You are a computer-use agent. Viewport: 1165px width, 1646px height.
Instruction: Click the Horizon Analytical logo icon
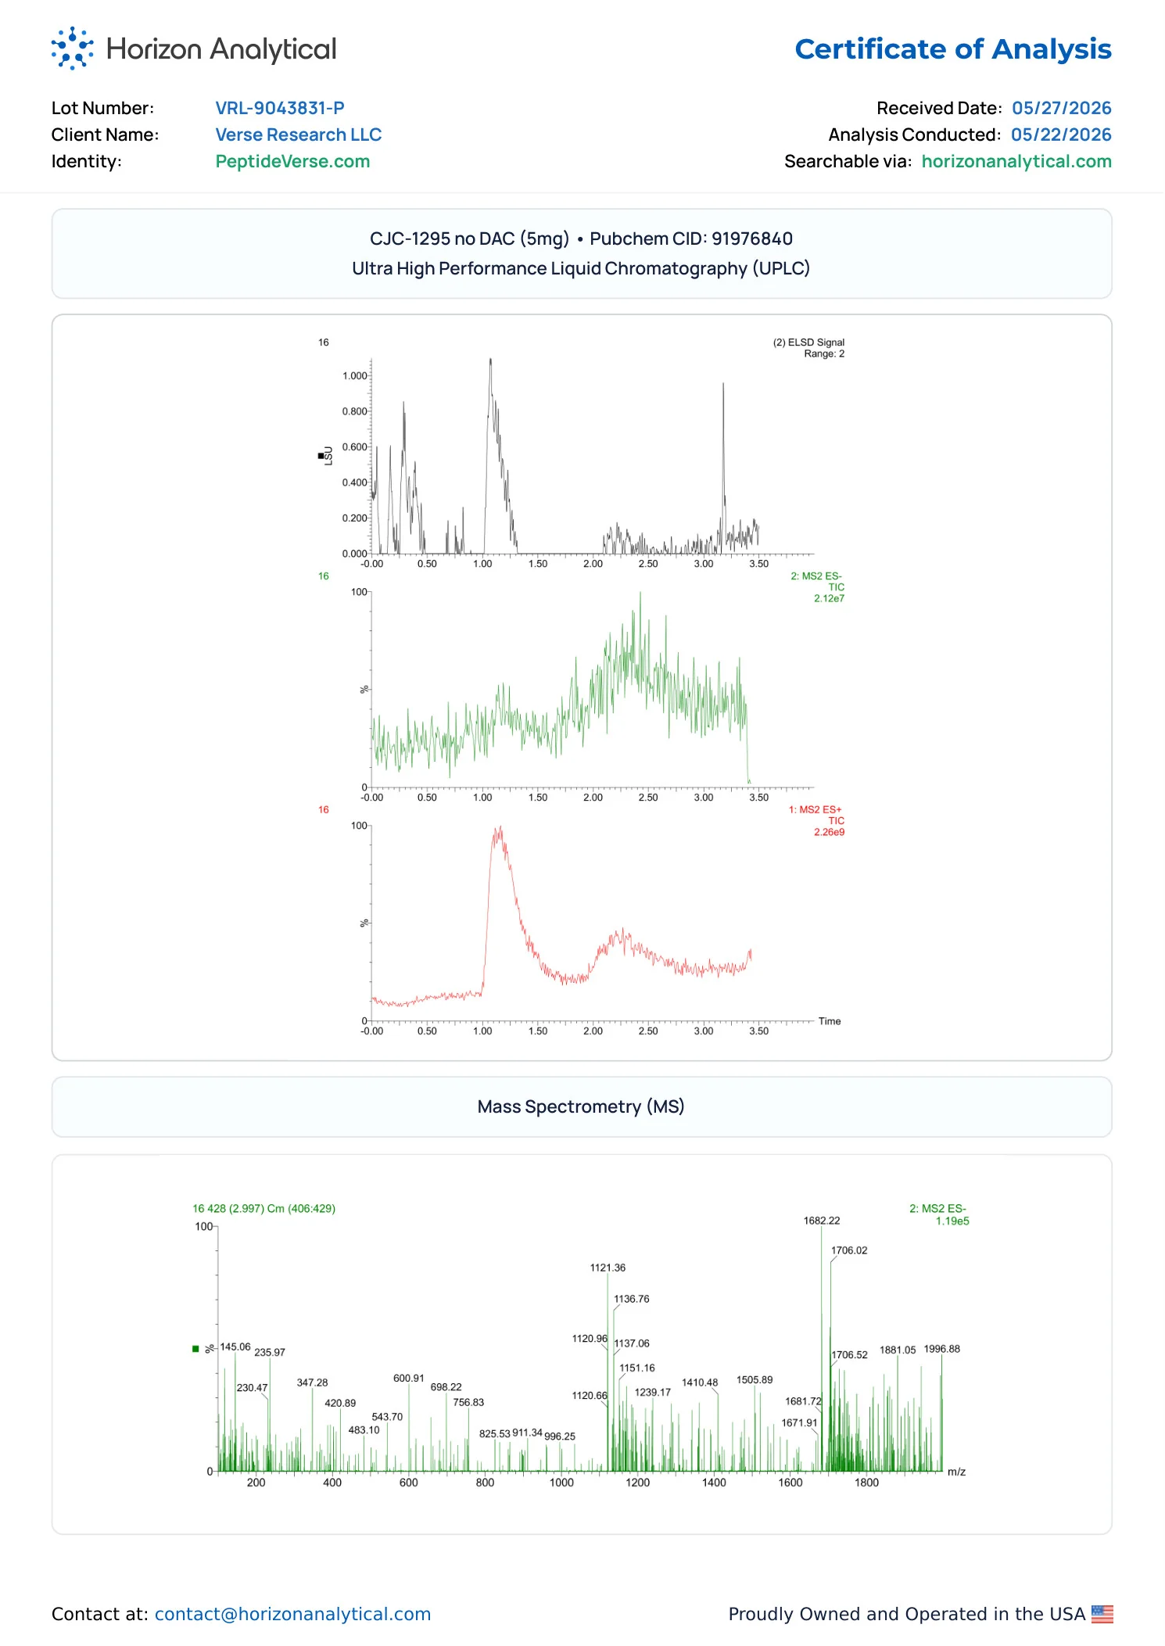(72, 48)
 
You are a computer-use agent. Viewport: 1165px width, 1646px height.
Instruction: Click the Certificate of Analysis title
(953, 49)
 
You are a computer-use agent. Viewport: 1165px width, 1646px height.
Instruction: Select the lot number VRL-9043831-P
(280, 108)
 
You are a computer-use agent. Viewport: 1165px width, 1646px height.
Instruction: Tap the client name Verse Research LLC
(299, 134)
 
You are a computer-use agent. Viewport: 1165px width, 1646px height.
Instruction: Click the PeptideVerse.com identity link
(292, 162)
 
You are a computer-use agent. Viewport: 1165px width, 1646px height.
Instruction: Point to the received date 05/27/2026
(1062, 108)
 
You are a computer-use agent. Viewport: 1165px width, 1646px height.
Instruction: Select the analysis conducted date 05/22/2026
(1061, 134)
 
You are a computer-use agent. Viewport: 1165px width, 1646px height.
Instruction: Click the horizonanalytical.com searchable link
(1016, 162)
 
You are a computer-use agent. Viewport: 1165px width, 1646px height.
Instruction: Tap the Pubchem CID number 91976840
(752, 238)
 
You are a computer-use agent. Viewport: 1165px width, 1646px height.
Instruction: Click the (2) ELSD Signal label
(808, 342)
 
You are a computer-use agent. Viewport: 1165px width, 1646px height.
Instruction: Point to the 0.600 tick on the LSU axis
(354, 447)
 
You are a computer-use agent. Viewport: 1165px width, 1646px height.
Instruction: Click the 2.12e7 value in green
(829, 599)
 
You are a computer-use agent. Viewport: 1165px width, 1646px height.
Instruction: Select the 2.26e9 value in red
(829, 833)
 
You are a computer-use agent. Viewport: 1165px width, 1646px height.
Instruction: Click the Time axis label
(830, 1021)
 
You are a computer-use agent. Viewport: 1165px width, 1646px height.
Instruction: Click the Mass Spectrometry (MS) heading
(581, 1106)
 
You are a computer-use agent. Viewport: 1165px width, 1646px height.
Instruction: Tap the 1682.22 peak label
(822, 1221)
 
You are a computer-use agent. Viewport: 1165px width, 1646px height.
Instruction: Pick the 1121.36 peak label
(608, 1268)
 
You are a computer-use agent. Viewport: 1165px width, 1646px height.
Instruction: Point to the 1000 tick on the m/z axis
(561, 1483)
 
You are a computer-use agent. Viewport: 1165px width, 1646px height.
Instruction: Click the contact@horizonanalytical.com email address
(292, 1614)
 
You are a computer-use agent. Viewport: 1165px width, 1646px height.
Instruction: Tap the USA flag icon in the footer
(1102, 1614)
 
